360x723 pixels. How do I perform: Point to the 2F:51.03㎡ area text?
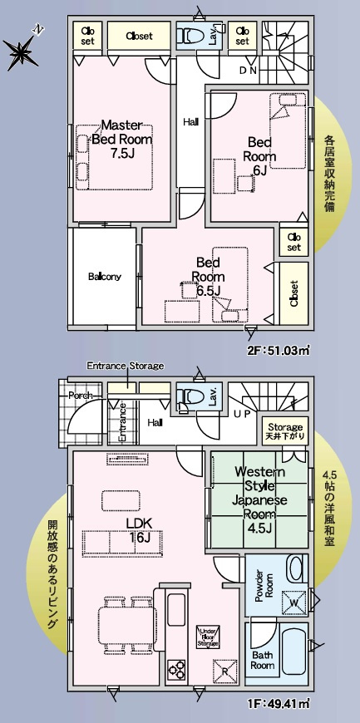pyautogui.click(x=279, y=351)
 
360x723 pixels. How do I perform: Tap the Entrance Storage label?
pyautogui.click(x=126, y=366)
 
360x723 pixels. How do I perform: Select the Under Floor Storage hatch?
pyautogui.click(x=207, y=637)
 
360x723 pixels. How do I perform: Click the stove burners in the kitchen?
pyautogui.click(x=177, y=668)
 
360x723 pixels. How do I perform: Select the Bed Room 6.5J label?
pyautogui.click(x=206, y=276)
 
